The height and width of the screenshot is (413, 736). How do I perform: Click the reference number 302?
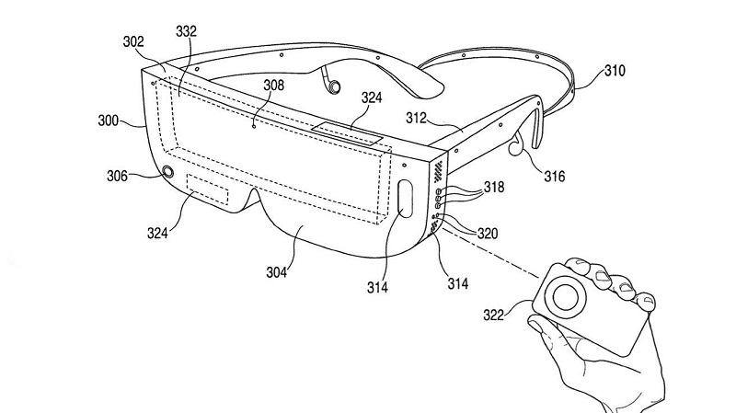tap(132, 41)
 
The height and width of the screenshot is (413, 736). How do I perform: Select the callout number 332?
tap(186, 31)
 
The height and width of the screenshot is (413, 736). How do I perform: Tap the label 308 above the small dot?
tap(273, 85)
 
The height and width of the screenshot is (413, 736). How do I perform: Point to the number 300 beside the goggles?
tap(108, 120)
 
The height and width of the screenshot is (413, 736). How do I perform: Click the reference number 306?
tap(117, 176)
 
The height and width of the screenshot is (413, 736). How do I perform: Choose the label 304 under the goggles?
tap(276, 272)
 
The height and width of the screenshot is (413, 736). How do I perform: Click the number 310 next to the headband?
tap(615, 71)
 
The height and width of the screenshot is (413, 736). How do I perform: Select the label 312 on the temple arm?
tap(416, 118)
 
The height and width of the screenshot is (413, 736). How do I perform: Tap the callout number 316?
tap(555, 177)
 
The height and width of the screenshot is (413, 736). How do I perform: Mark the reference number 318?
tap(494, 187)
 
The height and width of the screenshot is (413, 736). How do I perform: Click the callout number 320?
tap(488, 234)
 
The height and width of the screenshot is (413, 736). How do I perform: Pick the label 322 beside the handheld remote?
tap(493, 315)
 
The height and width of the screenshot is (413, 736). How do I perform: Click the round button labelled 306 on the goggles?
tap(167, 171)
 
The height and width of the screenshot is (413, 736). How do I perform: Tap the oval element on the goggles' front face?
tap(405, 199)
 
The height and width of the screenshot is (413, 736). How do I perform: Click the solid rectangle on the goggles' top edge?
tap(348, 133)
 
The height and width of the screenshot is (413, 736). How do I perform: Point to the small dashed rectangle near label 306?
tap(208, 189)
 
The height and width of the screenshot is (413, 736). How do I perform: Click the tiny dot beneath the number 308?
tap(255, 126)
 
